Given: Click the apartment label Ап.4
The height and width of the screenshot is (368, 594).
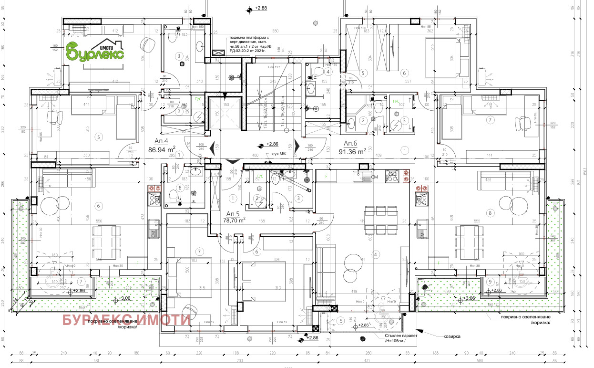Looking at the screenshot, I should (161, 141).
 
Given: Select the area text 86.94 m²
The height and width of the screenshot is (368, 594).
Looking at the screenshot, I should (162, 149).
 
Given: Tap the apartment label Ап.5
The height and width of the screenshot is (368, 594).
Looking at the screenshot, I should (233, 213).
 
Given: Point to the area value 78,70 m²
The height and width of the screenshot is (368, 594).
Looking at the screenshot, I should (234, 221).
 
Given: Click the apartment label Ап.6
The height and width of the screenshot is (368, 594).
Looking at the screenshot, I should (350, 144).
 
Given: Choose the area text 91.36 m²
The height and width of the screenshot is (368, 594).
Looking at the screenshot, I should (352, 152).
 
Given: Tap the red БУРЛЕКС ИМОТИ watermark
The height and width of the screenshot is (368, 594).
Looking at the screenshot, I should (126, 320).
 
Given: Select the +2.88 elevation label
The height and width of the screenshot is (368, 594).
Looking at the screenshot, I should (261, 8).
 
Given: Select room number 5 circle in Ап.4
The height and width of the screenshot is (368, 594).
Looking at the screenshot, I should (98, 137).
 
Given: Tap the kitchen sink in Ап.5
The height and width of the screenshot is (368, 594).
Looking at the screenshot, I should (360, 176).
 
